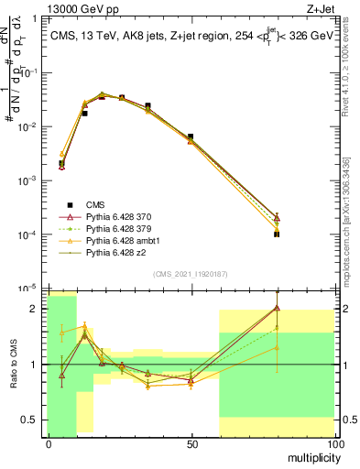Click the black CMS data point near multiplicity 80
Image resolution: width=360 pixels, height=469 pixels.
point(277,234)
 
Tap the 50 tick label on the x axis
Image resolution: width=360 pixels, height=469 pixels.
point(191,443)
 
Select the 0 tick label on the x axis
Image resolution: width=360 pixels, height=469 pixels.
point(49,443)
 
